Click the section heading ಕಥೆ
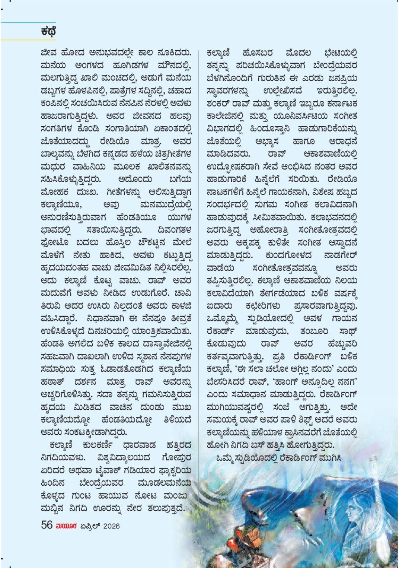tap(48, 32)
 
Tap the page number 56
tap(47, 525)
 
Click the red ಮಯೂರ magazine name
tap(67, 526)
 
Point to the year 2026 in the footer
tap(111, 526)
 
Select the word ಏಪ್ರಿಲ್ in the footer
tap(89, 526)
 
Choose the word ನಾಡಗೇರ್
tap(341, 256)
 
